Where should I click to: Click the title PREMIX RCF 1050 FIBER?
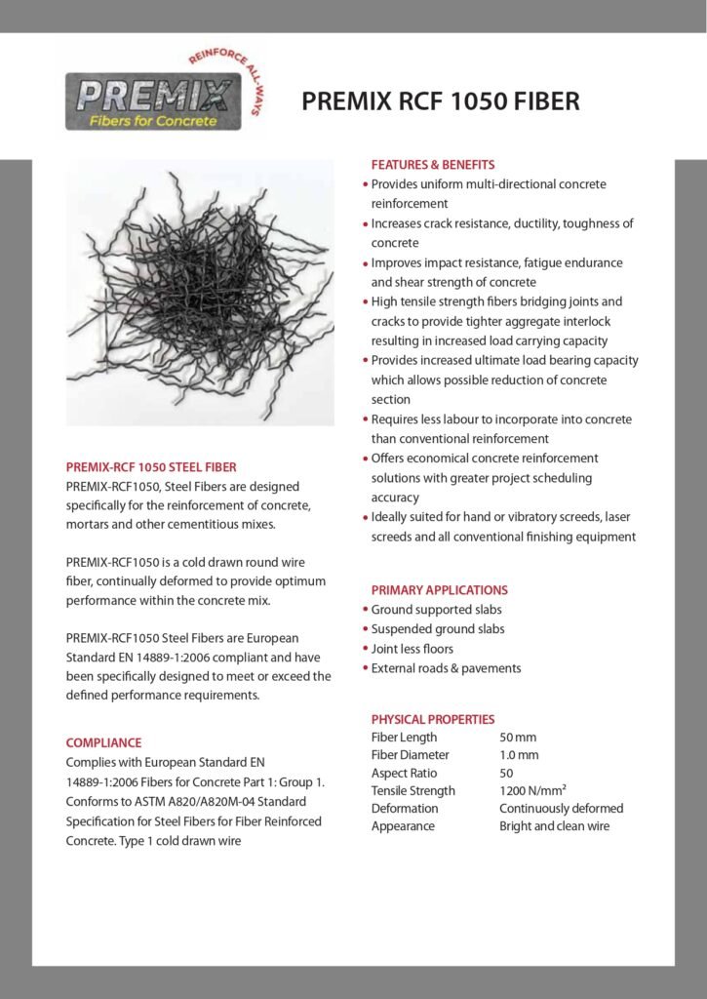(x=441, y=101)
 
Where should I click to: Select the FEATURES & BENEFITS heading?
(x=433, y=165)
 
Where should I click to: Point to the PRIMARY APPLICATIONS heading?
(x=439, y=590)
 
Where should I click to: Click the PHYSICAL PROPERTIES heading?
(x=433, y=720)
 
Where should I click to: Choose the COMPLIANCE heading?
(x=103, y=742)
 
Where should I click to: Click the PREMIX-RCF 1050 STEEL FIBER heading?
(x=151, y=467)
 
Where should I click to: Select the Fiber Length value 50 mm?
(x=518, y=738)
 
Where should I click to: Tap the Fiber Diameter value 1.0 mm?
(x=519, y=755)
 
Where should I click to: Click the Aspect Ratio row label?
(x=404, y=773)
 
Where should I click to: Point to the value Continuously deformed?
(x=561, y=808)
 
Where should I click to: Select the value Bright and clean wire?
(x=554, y=826)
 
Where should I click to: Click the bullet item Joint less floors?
(x=412, y=649)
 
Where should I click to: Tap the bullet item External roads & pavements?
(x=446, y=668)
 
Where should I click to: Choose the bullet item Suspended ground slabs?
(x=438, y=629)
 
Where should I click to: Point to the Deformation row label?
(x=405, y=808)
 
